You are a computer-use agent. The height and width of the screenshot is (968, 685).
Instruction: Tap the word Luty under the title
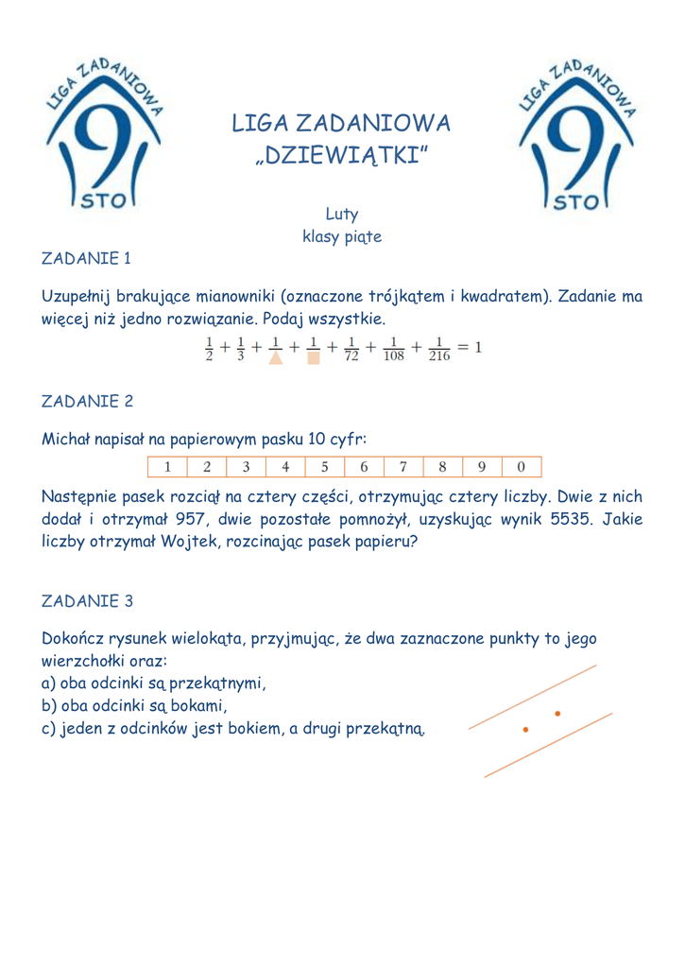point(341,216)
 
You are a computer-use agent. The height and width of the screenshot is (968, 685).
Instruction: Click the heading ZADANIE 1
point(86,257)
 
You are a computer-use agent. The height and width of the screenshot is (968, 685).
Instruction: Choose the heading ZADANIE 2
point(87,401)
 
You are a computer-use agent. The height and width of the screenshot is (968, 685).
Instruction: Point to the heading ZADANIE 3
point(87,601)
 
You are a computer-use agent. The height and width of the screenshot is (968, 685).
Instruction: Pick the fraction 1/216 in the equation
point(439,349)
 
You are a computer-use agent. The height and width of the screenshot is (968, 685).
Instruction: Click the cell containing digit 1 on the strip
point(167,467)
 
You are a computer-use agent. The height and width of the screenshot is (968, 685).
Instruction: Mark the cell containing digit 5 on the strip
point(324,467)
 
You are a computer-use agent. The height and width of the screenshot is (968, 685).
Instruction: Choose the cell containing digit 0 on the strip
point(521,467)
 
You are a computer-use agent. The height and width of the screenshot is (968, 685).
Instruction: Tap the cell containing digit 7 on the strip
point(402,467)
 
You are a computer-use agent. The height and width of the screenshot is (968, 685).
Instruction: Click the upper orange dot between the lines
point(558,713)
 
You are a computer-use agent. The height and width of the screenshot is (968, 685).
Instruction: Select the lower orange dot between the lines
point(526,730)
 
